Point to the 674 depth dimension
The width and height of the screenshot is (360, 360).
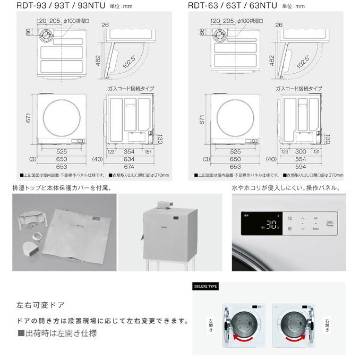coord(129,166)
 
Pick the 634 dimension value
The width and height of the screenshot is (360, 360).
coord(129,159)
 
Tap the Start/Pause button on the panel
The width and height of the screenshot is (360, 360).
coord(330,224)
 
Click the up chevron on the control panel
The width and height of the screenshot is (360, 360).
coord(302,218)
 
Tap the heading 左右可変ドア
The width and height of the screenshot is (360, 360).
coord(41,305)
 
